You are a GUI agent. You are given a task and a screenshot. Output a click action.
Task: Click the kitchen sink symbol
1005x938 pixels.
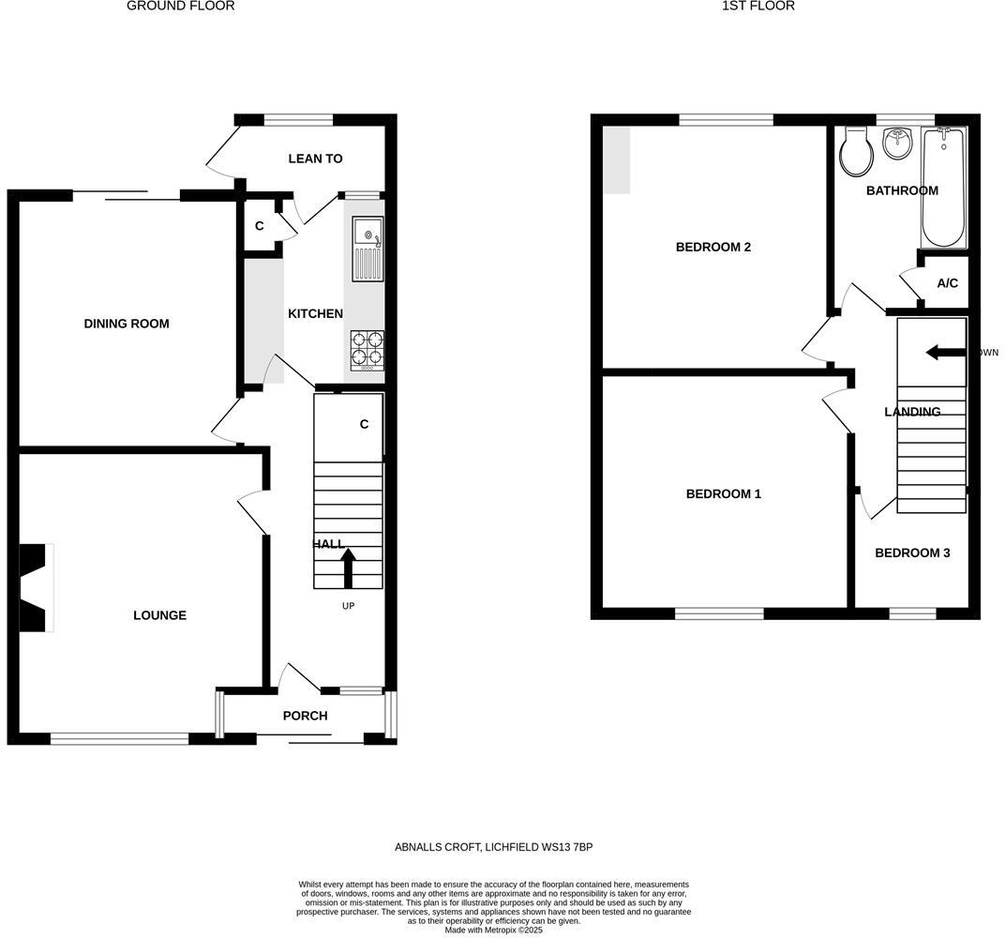(367, 249)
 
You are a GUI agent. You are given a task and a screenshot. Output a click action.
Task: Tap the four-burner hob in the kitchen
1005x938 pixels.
(367, 349)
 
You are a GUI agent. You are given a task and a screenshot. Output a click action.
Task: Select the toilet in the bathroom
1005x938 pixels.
(856, 152)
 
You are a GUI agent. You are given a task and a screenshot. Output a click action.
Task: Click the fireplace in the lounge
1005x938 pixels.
(36, 587)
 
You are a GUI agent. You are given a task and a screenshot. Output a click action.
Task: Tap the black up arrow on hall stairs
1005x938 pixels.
(348, 567)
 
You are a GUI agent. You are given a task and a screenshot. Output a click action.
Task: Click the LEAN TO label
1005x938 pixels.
(315, 159)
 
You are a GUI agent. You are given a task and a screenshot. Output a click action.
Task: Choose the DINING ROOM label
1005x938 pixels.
(127, 324)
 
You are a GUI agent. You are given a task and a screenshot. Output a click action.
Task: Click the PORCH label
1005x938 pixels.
(306, 716)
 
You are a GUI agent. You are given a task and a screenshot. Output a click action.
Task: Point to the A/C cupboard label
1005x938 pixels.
(947, 283)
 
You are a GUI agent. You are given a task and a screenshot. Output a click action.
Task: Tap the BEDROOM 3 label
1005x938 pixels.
(912, 552)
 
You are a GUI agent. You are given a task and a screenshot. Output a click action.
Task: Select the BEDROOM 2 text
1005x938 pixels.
(713, 247)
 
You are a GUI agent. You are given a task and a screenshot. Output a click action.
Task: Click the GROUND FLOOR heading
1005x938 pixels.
(180, 7)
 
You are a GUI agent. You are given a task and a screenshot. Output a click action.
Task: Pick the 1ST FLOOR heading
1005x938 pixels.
(757, 7)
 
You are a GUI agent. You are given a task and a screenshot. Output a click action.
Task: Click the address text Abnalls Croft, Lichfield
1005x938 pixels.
(493, 847)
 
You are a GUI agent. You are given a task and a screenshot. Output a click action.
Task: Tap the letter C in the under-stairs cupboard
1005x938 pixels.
(364, 424)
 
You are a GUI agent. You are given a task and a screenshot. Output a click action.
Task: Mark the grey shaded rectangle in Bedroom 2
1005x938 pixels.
(616, 159)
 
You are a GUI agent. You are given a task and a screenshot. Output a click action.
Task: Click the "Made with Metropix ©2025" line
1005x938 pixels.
(493, 930)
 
